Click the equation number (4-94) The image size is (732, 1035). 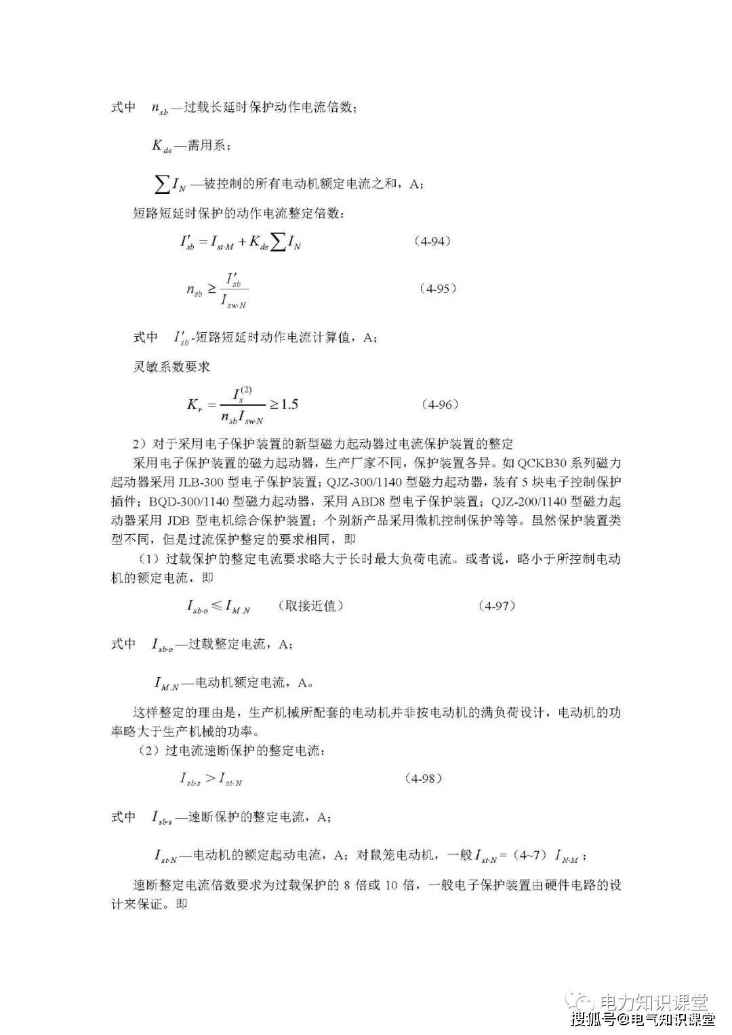click(x=432, y=242)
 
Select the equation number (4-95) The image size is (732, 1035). click(x=437, y=288)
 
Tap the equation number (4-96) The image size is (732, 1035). click(x=440, y=405)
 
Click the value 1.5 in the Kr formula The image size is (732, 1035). click(x=289, y=405)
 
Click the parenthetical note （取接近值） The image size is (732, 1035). click(x=311, y=605)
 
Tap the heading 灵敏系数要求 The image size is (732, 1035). click(x=171, y=367)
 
